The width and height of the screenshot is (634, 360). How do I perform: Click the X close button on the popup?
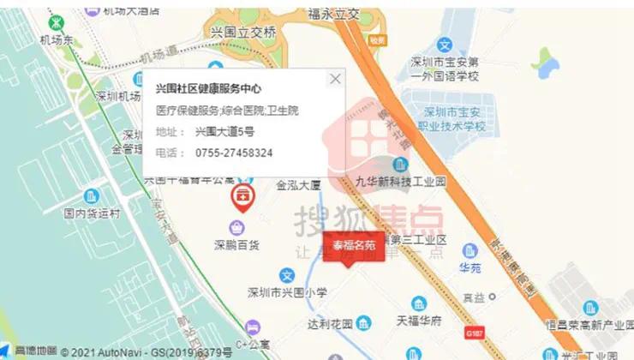pos(335,79)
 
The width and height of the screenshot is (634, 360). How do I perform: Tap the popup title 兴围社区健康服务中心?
pos(208,88)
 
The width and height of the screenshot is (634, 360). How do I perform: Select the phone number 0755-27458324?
pos(234,153)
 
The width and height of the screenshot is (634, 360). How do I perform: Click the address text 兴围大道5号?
pos(224,131)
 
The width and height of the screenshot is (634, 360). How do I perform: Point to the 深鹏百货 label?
pos(242,244)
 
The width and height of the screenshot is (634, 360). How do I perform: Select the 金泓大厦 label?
pos(298,183)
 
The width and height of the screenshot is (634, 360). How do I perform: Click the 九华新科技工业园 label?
pos(401,182)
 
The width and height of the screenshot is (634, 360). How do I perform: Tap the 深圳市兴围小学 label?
pos(287,292)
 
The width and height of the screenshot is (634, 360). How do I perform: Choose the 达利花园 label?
pos(330,324)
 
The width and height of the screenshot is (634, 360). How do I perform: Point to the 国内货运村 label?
pos(93,213)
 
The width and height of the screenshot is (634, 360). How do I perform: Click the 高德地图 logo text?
pos(36,351)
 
